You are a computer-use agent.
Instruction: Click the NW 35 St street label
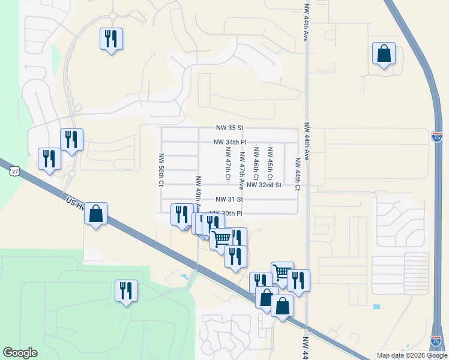pyautogui.click(x=231, y=128)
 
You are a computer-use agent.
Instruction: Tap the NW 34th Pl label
pyautogui.click(x=230, y=142)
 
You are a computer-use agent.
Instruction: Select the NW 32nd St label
pyautogui.click(x=264, y=185)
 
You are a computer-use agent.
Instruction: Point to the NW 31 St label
pyautogui.click(x=230, y=199)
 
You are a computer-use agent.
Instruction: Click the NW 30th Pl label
pyautogui.click(x=226, y=213)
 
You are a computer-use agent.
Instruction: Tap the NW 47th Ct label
pyautogui.click(x=228, y=164)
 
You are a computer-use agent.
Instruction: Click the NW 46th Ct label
pyautogui.click(x=256, y=164)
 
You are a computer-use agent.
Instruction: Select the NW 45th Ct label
pyautogui.click(x=270, y=163)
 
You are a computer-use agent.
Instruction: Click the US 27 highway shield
pyautogui.click(x=14, y=171)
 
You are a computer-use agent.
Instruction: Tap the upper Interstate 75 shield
pyautogui.click(x=436, y=137)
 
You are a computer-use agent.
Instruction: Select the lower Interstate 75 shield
pyautogui.click(x=436, y=341)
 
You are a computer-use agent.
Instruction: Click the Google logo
pyautogui.click(x=20, y=353)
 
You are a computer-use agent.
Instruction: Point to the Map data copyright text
pyautogui.click(x=412, y=355)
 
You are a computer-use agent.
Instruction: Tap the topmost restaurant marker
pyautogui.click(x=111, y=40)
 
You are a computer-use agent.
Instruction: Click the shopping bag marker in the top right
pyautogui.click(x=384, y=53)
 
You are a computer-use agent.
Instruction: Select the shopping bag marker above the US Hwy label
pyautogui.click(x=95, y=214)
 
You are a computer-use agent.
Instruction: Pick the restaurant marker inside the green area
pyautogui.click(x=126, y=291)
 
